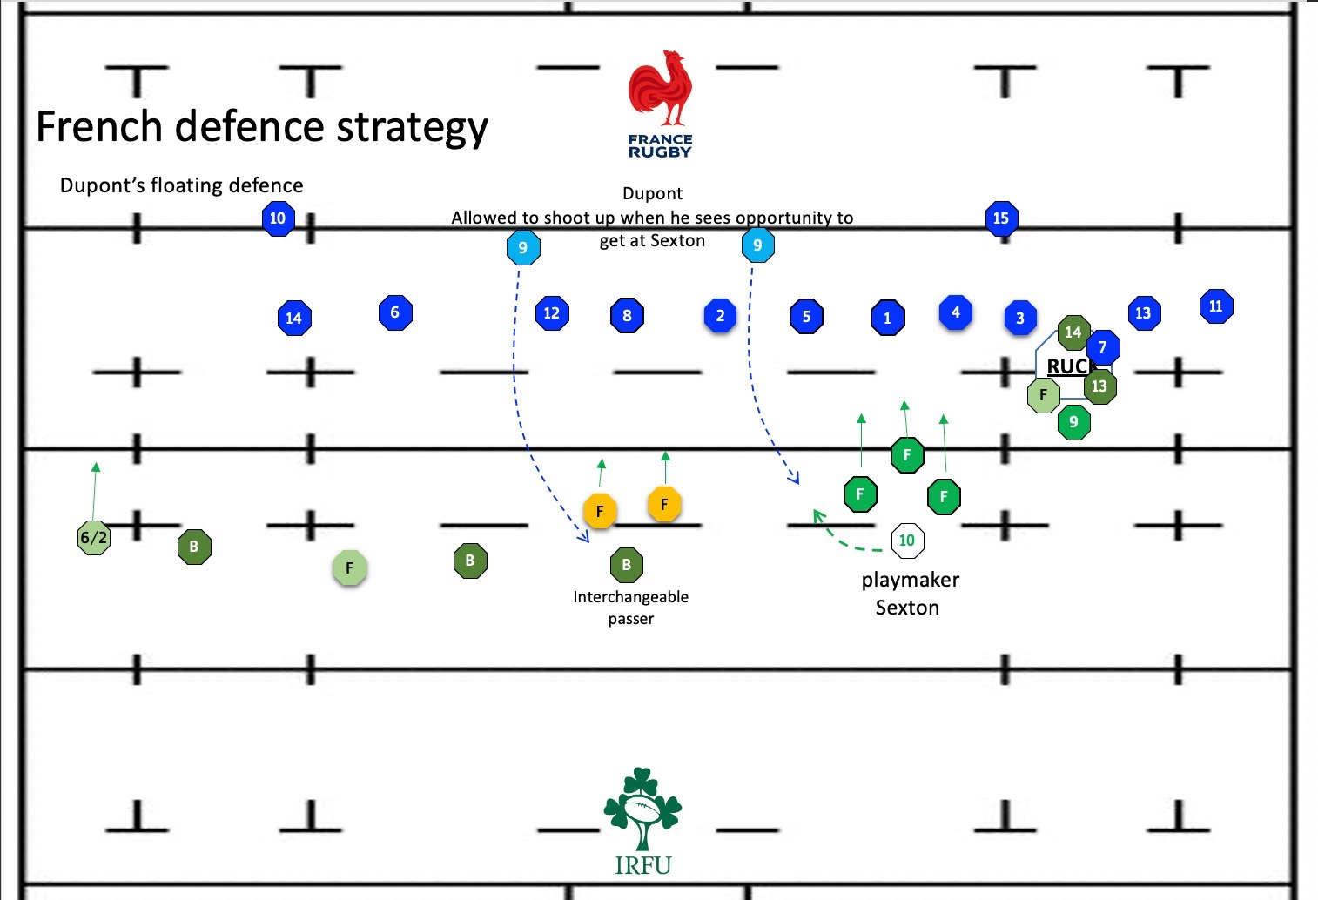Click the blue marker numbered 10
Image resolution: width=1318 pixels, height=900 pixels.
tap(278, 218)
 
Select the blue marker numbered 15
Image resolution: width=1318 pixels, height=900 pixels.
tap(1001, 218)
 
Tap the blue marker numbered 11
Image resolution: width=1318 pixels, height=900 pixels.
tap(1215, 306)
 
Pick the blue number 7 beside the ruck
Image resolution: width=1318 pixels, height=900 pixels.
tap(1103, 347)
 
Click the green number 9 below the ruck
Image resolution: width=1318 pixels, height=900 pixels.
tap(1073, 422)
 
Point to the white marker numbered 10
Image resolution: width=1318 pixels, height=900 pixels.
tap(907, 541)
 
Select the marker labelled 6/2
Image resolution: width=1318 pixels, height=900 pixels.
tap(94, 538)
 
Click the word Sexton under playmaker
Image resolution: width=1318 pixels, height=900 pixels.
tap(907, 608)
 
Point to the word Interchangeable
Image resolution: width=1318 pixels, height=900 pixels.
tap(630, 597)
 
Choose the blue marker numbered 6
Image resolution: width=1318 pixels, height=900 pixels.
tap(395, 312)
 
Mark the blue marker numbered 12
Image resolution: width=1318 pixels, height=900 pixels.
tap(552, 313)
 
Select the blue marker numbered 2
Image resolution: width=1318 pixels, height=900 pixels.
tap(720, 316)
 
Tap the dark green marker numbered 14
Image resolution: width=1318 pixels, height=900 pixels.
tap(1073, 332)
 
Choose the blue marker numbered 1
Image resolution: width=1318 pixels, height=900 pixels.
tap(887, 319)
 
